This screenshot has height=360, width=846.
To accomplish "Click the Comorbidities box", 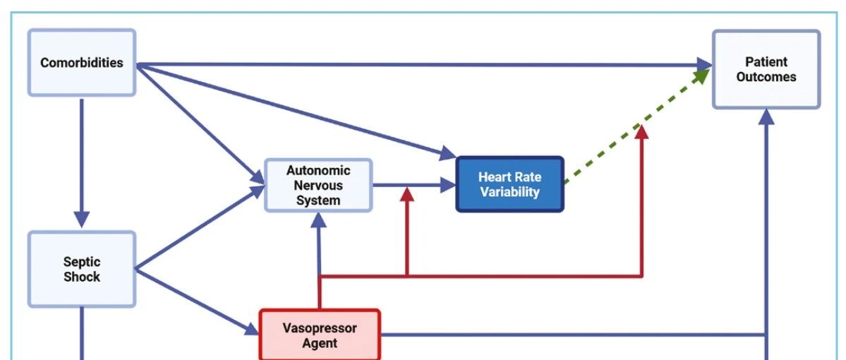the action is coord(81,63).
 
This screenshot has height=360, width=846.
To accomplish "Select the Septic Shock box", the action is coord(81,270).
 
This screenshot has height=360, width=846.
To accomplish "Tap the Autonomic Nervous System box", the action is coord(318,185).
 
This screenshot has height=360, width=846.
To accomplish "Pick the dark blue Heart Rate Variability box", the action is coord(510,184).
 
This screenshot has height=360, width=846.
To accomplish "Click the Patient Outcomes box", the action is coord(766,69).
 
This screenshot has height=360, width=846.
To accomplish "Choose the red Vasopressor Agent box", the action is coord(320,335).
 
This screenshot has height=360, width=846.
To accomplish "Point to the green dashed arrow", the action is coord(637,126).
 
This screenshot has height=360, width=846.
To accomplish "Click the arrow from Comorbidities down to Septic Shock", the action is coord(81,162).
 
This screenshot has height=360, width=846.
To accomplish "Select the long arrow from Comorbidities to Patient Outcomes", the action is coord(424,65).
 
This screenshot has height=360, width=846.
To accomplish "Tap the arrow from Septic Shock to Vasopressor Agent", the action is coord(198,300).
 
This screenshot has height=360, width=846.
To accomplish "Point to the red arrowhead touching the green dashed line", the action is coord(641,132).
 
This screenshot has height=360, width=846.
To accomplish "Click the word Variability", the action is coord(510,192).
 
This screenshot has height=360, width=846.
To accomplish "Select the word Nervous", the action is coord(318,185).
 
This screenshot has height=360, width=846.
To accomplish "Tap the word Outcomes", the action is coord(766,77).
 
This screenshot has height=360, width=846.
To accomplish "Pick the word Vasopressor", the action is coord(320,328).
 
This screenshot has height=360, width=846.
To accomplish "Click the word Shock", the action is coord(82,277).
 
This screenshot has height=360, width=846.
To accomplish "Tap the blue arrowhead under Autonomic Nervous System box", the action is coord(319,220).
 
